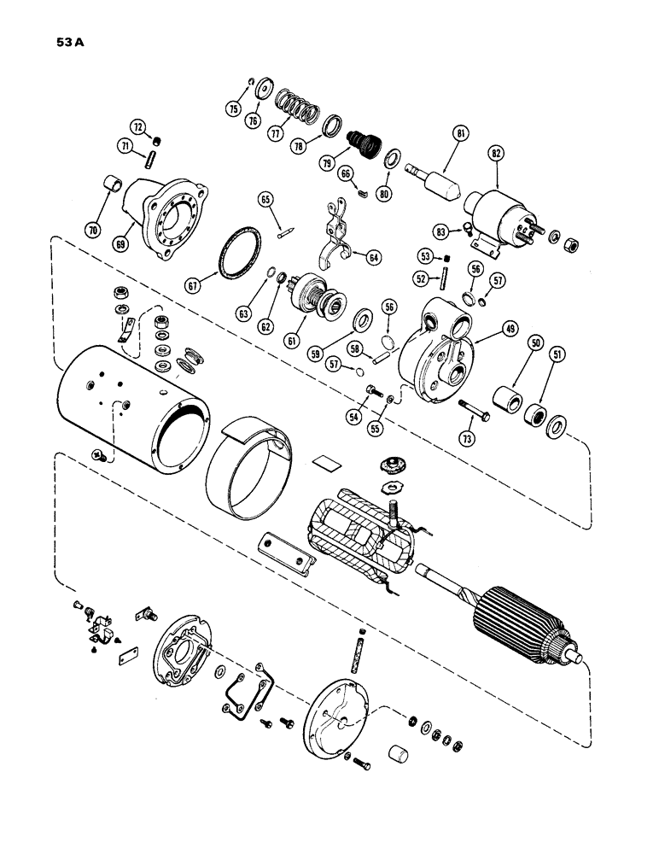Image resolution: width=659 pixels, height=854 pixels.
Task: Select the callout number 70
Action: tap(92, 229)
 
